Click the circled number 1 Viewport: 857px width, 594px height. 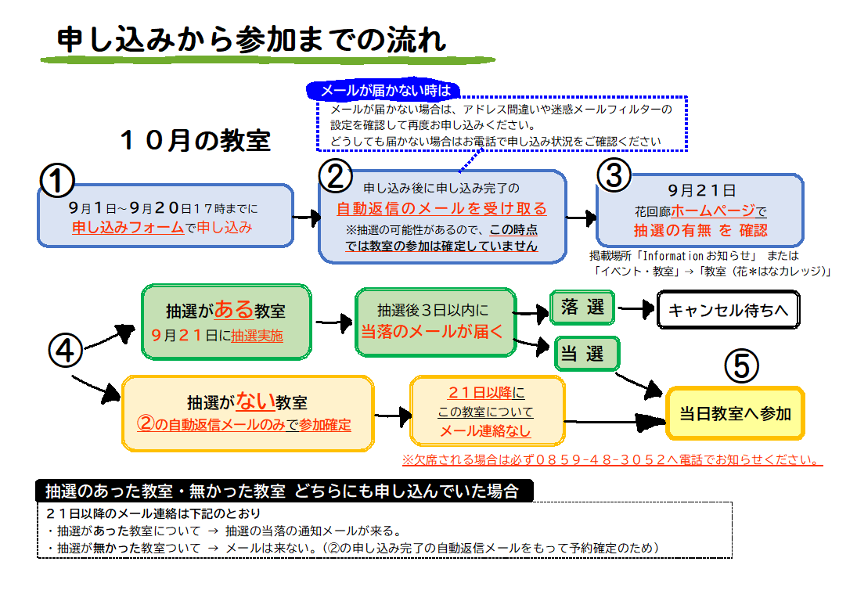tap(56, 181)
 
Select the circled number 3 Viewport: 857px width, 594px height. tap(614, 177)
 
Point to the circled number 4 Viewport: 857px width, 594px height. tap(65, 350)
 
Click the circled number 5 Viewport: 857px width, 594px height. tap(741, 365)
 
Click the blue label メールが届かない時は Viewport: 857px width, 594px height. tap(383, 90)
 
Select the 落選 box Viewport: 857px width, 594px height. tap(583, 308)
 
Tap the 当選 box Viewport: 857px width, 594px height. tap(586, 354)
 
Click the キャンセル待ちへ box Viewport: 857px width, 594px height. tap(728, 311)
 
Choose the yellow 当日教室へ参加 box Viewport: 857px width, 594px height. tap(735, 414)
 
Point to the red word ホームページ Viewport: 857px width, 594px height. tap(713, 211)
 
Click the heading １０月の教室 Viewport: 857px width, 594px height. tap(195, 141)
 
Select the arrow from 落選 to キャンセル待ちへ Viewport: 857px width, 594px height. tap(636, 308)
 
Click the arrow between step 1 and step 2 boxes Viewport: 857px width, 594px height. tap(306, 216)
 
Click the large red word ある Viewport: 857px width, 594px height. tap(234, 309)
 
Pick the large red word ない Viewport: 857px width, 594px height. tap(255, 401)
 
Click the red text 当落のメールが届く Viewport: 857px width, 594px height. tap(436, 330)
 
